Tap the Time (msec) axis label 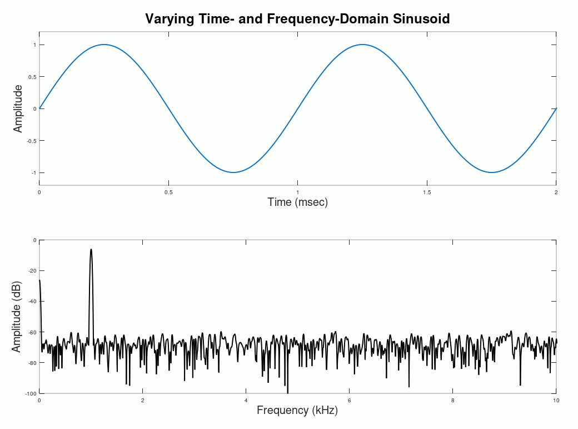[x=297, y=202]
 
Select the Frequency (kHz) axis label [x=297, y=411]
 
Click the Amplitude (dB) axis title [x=17, y=317]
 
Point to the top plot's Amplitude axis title [x=18, y=109]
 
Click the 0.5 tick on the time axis [x=168, y=192]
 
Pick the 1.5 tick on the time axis [x=427, y=192]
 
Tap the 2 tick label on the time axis [x=556, y=192]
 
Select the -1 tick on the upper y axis [x=34, y=173]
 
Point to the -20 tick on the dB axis [x=32, y=271]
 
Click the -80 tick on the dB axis [x=32, y=363]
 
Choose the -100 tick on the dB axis [x=31, y=393]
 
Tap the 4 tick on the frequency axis [x=246, y=401]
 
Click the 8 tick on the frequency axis [x=452, y=401]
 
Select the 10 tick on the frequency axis [x=556, y=401]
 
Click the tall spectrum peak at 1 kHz [x=91, y=250]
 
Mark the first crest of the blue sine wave [x=104, y=45]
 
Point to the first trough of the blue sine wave [x=233, y=172]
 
